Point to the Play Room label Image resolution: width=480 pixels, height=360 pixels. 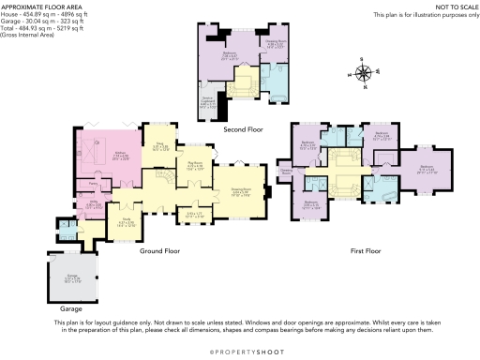click(x=195, y=163)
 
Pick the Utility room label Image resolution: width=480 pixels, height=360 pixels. click(x=94, y=202)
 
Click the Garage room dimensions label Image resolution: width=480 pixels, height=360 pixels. click(x=72, y=278)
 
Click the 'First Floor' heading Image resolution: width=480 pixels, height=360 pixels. click(x=369, y=251)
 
